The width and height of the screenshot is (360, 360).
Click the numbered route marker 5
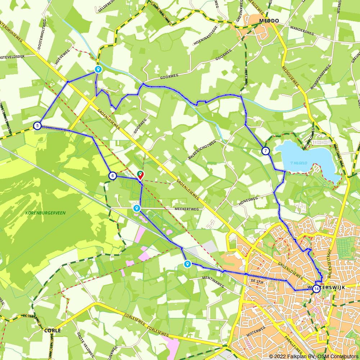(37, 126)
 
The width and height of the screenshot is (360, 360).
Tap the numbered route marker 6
(113, 176)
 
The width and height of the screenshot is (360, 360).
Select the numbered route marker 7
(265, 151)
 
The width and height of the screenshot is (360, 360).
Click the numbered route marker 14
(316, 288)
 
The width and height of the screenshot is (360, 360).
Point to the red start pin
(140, 175)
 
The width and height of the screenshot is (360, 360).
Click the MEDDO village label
(269, 21)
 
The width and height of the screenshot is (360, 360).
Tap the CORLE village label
(52, 330)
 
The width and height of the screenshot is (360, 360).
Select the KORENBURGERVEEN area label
(45, 213)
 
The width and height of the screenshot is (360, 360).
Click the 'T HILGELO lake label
(298, 163)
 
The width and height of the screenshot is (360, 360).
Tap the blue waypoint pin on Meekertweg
(136, 208)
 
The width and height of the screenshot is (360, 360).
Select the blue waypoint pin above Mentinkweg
(188, 264)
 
